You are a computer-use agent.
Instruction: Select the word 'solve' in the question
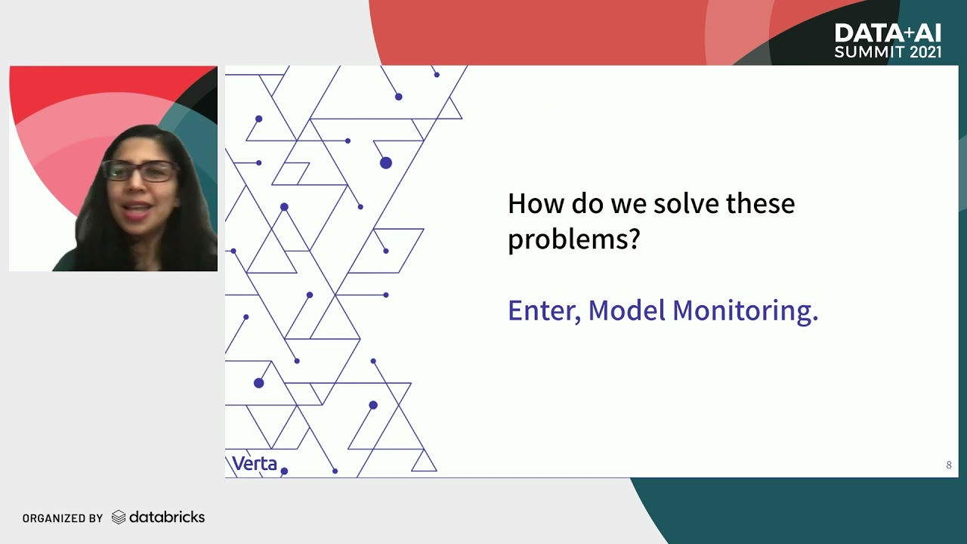684,204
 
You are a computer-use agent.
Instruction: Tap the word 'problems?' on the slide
573,240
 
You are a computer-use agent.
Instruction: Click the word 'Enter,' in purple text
544,311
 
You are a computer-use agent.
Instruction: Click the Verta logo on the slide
254,463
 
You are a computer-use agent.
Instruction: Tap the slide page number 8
949,465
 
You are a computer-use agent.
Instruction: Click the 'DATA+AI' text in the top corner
888,33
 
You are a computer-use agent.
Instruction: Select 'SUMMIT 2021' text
888,52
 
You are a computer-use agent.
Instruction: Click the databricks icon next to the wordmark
119,518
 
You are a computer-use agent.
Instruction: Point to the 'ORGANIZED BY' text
63,518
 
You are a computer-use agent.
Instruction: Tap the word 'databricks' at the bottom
167,518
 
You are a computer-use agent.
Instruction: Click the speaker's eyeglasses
140,171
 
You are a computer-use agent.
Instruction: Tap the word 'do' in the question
583,204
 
